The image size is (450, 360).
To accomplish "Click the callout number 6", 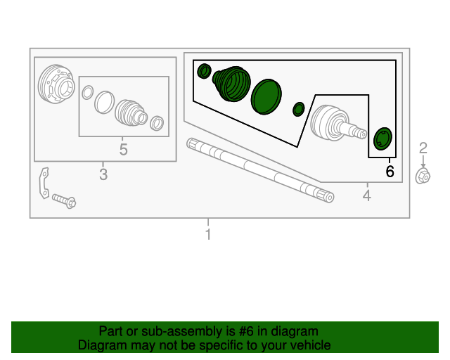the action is (390, 172).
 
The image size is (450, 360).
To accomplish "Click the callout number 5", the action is (124, 149).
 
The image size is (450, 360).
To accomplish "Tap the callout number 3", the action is (103, 174).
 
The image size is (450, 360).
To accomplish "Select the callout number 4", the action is (367, 195).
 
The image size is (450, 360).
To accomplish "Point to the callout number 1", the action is (208, 234).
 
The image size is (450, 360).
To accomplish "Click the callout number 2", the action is (423, 148).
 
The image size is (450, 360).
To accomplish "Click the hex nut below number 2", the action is (423, 176).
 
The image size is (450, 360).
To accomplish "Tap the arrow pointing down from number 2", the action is (423, 162).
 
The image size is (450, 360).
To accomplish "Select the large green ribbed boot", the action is (231, 84).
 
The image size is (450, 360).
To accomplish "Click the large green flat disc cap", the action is (266, 97).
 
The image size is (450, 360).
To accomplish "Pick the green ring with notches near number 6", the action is (382, 139).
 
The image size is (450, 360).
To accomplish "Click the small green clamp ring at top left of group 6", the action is (205, 71).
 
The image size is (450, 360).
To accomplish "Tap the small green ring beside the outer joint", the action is (298, 109).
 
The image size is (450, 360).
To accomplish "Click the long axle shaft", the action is (260, 170).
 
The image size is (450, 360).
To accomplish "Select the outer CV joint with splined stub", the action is (337, 123).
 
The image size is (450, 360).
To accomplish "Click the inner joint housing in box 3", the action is (56, 84).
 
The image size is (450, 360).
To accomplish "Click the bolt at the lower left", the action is (64, 200).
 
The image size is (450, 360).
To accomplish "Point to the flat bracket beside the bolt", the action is (44, 183).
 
